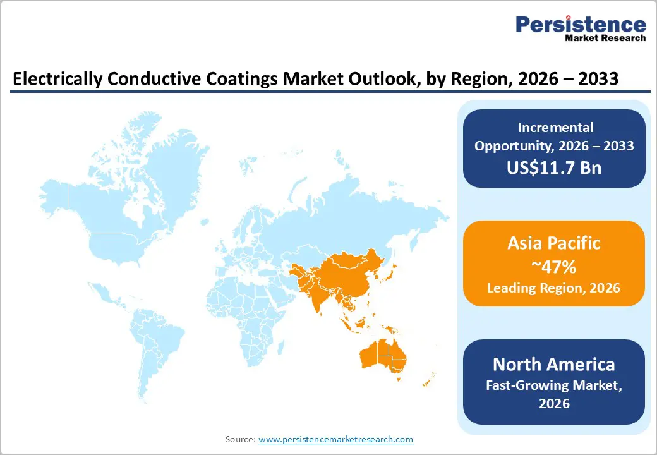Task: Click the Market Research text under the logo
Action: [605, 39]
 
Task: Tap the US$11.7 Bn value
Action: [553, 168]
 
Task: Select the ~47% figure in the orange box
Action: [553, 267]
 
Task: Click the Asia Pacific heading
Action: [553, 243]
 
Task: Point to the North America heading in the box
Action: [553, 365]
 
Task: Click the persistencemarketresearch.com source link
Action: [335, 439]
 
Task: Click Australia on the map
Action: [382, 356]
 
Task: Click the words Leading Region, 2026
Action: [553, 288]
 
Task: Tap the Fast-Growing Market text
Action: [553, 385]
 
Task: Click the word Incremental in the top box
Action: [553, 128]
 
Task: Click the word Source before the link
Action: [239, 439]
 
